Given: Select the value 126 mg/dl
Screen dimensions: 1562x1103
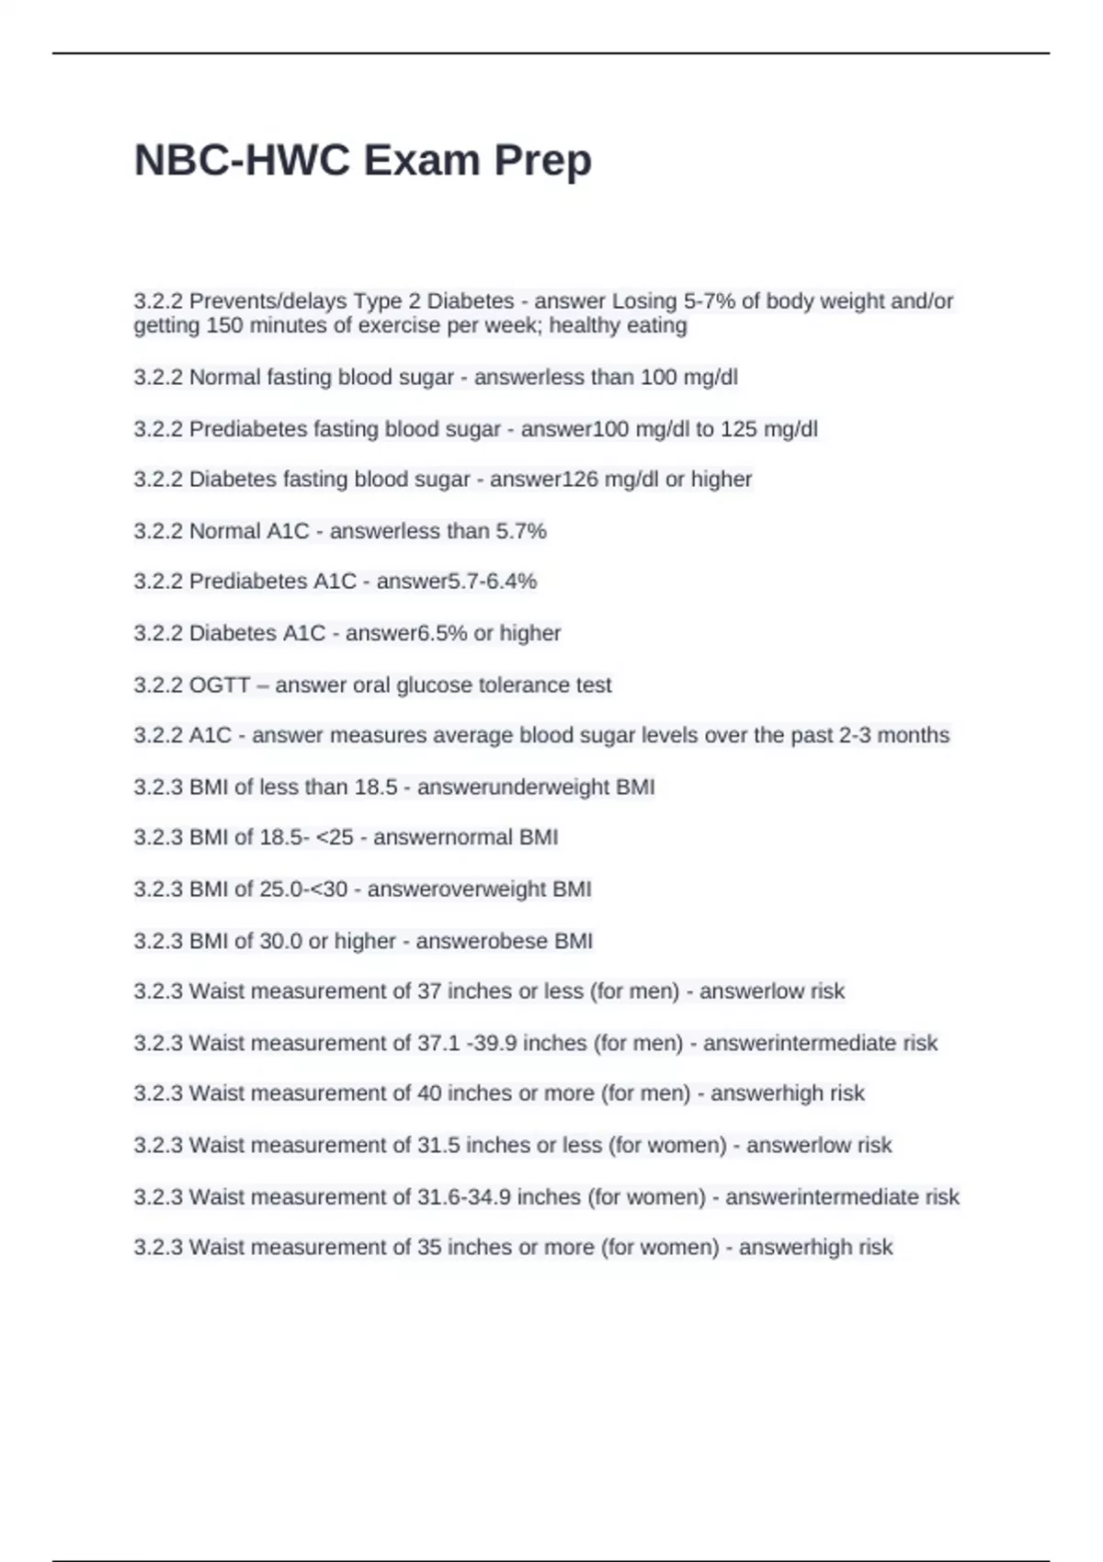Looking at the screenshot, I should tap(598, 479).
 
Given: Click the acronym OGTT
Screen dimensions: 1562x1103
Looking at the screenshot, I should tap(220, 685).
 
